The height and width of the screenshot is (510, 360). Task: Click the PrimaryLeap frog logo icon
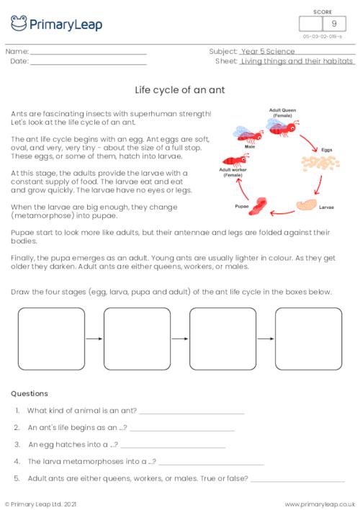tap(19, 24)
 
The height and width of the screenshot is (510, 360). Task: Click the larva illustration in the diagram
tap(307, 205)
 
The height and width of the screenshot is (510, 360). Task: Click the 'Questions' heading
tap(30, 393)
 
